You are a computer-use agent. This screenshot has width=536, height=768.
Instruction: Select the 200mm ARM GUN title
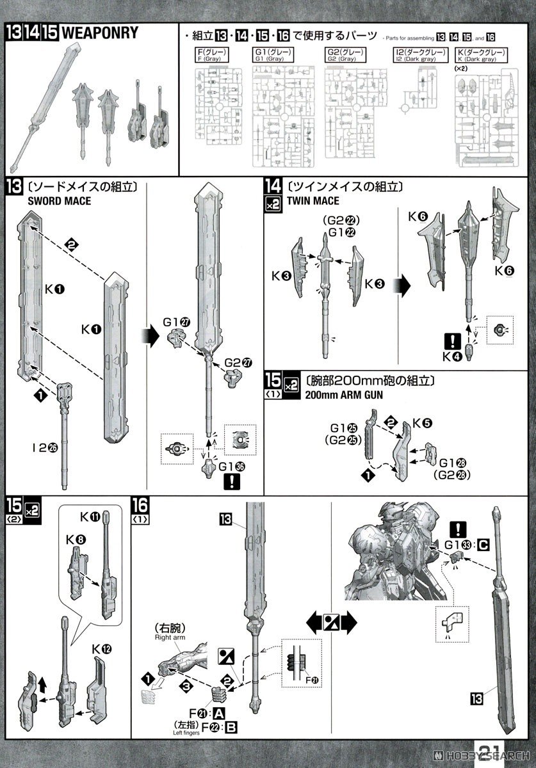tap(345, 396)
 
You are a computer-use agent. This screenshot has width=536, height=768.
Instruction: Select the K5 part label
tap(421, 423)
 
